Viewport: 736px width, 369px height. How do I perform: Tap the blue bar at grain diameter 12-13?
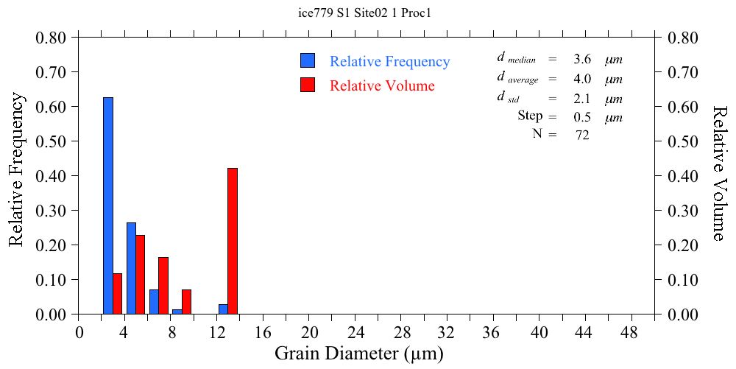point(223,309)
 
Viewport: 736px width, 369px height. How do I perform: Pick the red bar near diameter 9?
point(186,302)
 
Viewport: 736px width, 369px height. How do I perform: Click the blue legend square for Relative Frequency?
point(308,61)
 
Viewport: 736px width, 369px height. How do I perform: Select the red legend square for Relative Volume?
point(308,85)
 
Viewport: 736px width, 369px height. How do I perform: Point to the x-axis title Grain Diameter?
point(359,354)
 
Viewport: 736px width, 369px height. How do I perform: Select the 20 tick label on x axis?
point(309,332)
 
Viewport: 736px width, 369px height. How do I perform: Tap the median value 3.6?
point(582,60)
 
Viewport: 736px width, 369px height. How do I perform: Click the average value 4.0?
point(582,79)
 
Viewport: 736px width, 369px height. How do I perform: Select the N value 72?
point(582,135)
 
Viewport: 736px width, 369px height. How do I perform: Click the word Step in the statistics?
point(530,116)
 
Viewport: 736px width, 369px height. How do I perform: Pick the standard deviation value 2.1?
point(582,99)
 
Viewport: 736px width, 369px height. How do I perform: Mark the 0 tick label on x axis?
point(79,332)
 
